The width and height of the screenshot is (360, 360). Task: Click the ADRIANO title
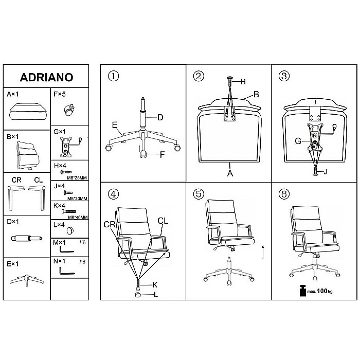tap(47, 77)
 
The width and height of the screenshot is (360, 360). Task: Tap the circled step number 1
tap(114, 76)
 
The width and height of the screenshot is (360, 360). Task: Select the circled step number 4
tap(114, 194)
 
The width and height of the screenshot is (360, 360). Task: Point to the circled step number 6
tap(284, 194)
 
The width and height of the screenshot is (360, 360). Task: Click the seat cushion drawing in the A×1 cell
tap(28, 112)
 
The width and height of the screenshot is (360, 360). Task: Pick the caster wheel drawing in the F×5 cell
tap(69, 110)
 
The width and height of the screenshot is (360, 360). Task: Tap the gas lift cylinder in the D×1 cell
tap(27, 239)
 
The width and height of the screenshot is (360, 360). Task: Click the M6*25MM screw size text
tap(77, 178)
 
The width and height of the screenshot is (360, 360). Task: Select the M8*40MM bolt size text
tap(78, 217)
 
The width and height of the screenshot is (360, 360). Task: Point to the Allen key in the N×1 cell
tap(66, 271)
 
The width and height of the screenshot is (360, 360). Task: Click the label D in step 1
tap(160, 118)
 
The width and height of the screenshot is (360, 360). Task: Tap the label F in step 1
tap(162, 154)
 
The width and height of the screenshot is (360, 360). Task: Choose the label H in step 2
tap(243, 81)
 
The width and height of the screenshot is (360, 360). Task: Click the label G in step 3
tap(298, 141)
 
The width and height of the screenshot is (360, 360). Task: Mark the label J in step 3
tap(325, 171)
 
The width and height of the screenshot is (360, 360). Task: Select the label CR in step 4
tap(110, 224)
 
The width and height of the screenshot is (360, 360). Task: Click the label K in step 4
tap(155, 285)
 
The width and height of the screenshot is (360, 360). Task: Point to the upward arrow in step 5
tap(263, 252)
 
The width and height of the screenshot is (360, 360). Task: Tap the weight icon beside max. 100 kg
tap(303, 291)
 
